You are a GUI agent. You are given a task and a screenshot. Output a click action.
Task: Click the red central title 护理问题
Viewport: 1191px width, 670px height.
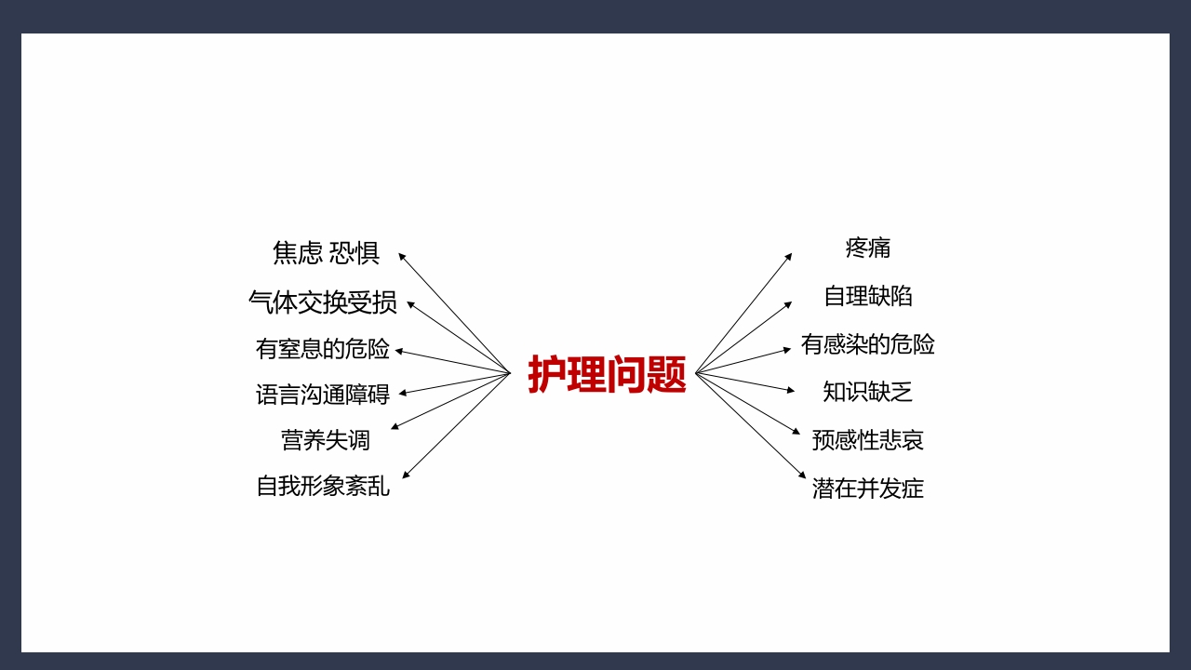point(607,374)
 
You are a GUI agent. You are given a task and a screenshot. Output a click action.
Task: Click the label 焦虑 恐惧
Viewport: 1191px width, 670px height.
point(326,252)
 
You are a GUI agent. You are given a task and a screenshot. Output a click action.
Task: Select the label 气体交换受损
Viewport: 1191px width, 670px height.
point(322,301)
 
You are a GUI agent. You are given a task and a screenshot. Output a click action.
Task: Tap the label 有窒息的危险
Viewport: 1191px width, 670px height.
point(322,349)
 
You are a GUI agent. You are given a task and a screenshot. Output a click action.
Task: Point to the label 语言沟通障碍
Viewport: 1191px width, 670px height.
point(322,395)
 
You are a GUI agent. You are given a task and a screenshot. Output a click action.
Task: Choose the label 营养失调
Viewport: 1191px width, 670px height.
point(325,439)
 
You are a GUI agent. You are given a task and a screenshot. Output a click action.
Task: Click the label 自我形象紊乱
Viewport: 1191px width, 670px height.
point(322,486)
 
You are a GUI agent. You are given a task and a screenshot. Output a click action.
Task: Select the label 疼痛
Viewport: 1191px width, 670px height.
point(867,248)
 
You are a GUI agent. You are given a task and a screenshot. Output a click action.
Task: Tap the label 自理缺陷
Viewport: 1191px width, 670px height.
point(867,296)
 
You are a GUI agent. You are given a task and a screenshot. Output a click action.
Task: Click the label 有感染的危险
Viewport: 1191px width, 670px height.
point(867,344)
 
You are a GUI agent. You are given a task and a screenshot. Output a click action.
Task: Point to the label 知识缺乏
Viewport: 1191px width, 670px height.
point(867,392)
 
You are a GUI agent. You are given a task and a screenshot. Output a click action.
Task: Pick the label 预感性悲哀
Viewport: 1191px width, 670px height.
point(867,440)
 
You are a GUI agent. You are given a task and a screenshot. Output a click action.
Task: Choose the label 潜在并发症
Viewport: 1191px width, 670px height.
point(867,489)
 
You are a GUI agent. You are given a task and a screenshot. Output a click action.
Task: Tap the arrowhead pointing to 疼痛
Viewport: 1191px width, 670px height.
point(789,256)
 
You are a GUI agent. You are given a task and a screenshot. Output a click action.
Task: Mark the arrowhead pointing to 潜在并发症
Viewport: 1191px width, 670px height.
point(802,476)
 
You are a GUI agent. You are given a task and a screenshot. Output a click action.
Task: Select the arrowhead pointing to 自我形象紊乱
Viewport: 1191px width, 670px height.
point(406,476)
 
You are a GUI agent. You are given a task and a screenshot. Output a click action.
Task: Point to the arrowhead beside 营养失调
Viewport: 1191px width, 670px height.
point(395,427)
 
